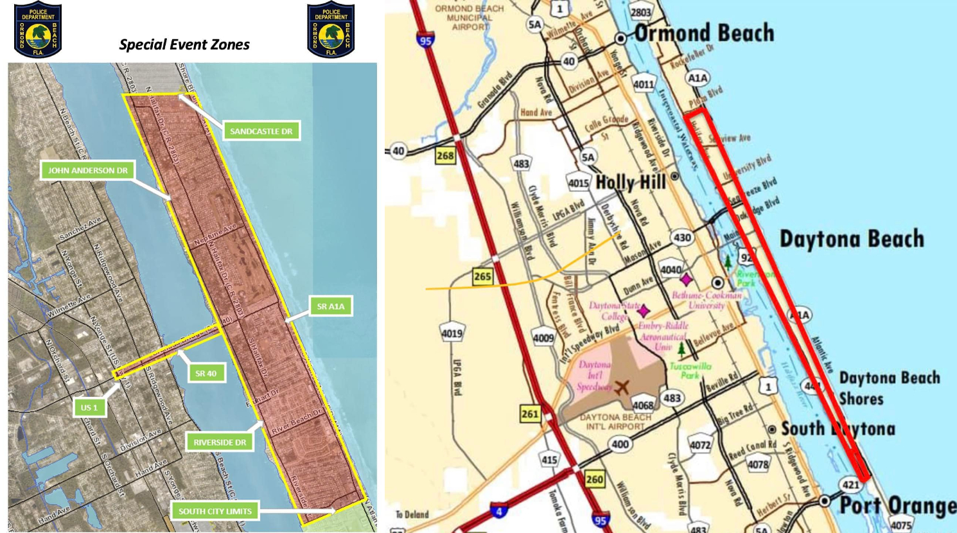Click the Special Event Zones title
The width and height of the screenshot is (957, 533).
point(184,44)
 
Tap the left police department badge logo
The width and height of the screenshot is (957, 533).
point(38,30)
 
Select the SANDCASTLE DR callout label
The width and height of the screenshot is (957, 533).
point(261,131)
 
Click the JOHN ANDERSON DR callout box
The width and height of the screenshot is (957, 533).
point(87,170)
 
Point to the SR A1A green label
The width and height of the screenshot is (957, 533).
point(330,306)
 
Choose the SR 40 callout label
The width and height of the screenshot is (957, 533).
point(206,373)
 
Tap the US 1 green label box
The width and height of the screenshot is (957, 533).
point(89,407)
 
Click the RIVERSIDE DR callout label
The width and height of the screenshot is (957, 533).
point(220,442)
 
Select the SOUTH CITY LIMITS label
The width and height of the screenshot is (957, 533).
point(215,511)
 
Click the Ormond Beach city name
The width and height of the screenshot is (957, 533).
point(704,33)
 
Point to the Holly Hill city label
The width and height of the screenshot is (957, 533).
point(631,183)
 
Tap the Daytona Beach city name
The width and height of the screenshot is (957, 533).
point(851,239)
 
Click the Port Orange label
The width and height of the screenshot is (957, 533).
point(898,505)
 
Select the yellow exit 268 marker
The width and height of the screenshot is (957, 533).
point(445,155)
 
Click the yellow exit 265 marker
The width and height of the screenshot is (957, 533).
point(482,276)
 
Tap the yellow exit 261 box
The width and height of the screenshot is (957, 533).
point(530,414)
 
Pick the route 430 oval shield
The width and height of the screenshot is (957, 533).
point(681,238)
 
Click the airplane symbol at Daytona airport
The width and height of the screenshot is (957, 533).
point(621,387)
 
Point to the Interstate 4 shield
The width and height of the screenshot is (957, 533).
point(498,511)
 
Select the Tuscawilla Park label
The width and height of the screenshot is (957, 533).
point(690,370)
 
